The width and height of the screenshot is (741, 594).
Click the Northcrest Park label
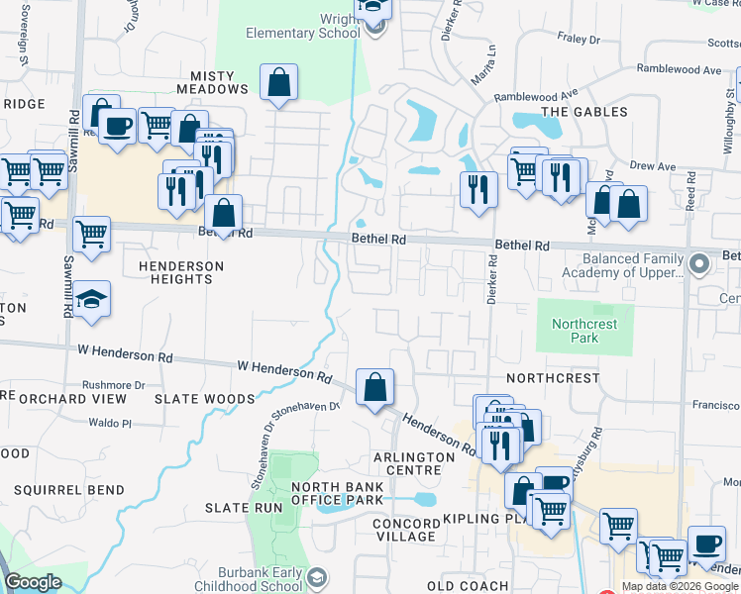(x=584, y=331)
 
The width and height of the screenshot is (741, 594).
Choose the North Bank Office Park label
(x=337, y=493)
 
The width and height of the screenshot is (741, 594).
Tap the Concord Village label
(x=405, y=530)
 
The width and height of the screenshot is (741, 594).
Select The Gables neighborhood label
(x=584, y=112)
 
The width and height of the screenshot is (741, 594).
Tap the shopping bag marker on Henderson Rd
(x=375, y=388)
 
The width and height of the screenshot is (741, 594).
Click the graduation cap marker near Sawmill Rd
(x=91, y=301)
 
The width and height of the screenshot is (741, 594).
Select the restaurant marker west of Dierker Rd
(x=478, y=188)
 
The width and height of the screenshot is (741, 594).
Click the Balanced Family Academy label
(x=623, y=265)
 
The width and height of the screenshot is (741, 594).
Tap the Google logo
(x=33, y=583)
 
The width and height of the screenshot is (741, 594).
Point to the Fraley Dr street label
(x=581, y=41)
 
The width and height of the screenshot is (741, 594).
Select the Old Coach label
(x=468, y=586)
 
